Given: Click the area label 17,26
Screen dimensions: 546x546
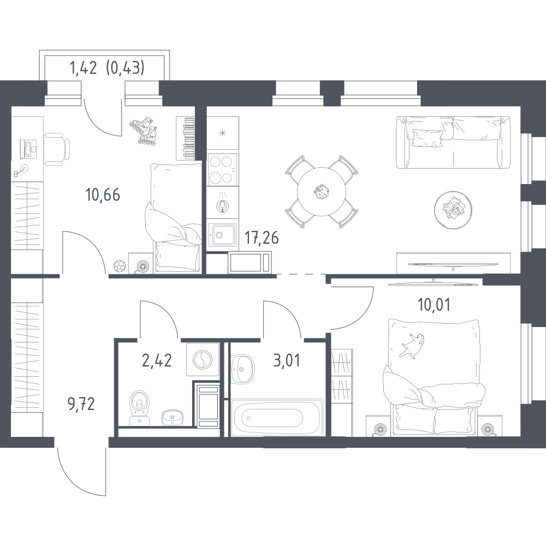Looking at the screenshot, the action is [262, 238].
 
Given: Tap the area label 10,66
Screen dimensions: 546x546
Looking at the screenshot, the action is [103, 195].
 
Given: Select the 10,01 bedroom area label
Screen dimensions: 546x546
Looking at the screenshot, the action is [434, 305].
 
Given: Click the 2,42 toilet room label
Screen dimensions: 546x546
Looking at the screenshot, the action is [157, 360].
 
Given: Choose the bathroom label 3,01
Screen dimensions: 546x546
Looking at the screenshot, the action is [287, 360].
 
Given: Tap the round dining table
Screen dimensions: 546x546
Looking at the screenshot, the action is [322, 192].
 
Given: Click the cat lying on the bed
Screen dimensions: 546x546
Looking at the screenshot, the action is [412, 345].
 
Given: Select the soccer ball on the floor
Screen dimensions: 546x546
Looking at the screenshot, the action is [119, 266].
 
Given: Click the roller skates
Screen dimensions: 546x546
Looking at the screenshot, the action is [143, 131].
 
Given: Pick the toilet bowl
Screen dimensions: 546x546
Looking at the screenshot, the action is [139, 407].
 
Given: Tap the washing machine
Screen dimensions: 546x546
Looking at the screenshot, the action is [203, 360].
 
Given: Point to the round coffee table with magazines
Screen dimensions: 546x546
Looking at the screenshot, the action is [453, 210].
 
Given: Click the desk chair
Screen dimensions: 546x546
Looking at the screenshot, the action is [57, 149].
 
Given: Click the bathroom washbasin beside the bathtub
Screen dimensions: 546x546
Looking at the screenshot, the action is [243, 369].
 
